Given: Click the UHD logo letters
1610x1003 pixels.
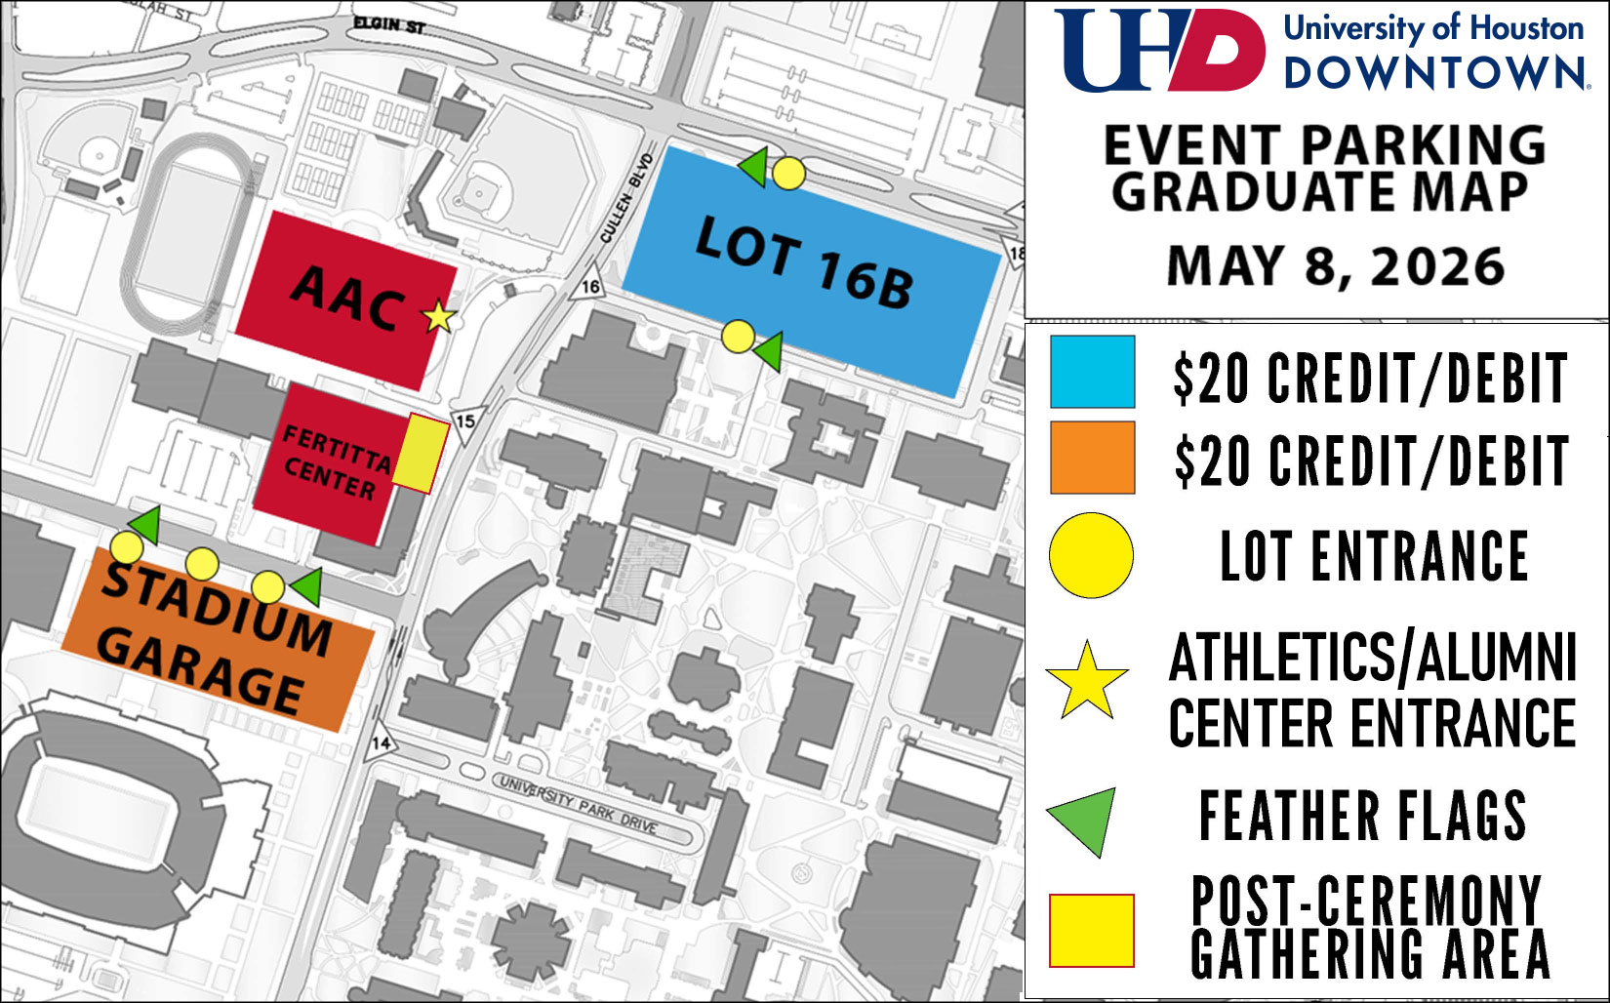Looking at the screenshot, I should (x=1159, y=51).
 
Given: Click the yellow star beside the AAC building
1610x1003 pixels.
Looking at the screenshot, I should (x=439, y=316).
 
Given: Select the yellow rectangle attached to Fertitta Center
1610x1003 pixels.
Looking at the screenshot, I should (x=426, y=453).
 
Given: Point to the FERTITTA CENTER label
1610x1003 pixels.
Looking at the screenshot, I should (x=334, y=462).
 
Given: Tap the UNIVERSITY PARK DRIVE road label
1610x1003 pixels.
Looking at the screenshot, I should (x=578, y=802).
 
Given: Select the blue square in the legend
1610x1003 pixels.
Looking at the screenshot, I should (x=1092, y=372).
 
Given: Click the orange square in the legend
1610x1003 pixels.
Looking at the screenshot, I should (x=1092, y=457).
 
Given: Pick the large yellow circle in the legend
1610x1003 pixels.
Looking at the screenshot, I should (x=1091, y=555).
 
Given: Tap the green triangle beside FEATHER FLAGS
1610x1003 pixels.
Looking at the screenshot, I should (x=1085, y=819).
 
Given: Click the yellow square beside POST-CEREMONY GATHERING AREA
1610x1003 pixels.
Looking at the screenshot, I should (x=1091, y=930).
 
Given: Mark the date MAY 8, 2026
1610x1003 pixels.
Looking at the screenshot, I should (x=1336, y=266).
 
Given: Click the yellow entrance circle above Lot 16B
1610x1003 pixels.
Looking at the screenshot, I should (x=788, y=174).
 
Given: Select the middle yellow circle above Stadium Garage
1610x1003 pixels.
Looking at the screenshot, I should (x=201, y=563).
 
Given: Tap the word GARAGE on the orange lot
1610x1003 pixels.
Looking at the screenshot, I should (x=201, y=672).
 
